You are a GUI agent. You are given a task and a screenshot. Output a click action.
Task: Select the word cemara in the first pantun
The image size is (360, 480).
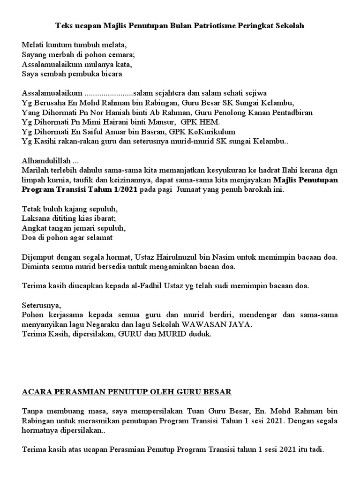[121, 54]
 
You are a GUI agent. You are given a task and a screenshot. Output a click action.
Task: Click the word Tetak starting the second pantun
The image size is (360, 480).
[31, 209]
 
